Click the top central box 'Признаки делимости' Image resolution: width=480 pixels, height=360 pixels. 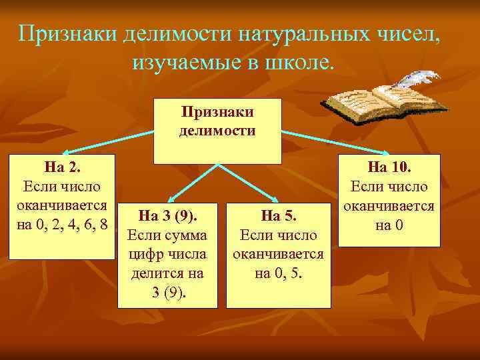[x=217, y=131]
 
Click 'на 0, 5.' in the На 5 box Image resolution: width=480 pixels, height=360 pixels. [x=278, y=273]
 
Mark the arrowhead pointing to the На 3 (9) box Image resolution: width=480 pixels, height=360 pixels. [x=169, y=198]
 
